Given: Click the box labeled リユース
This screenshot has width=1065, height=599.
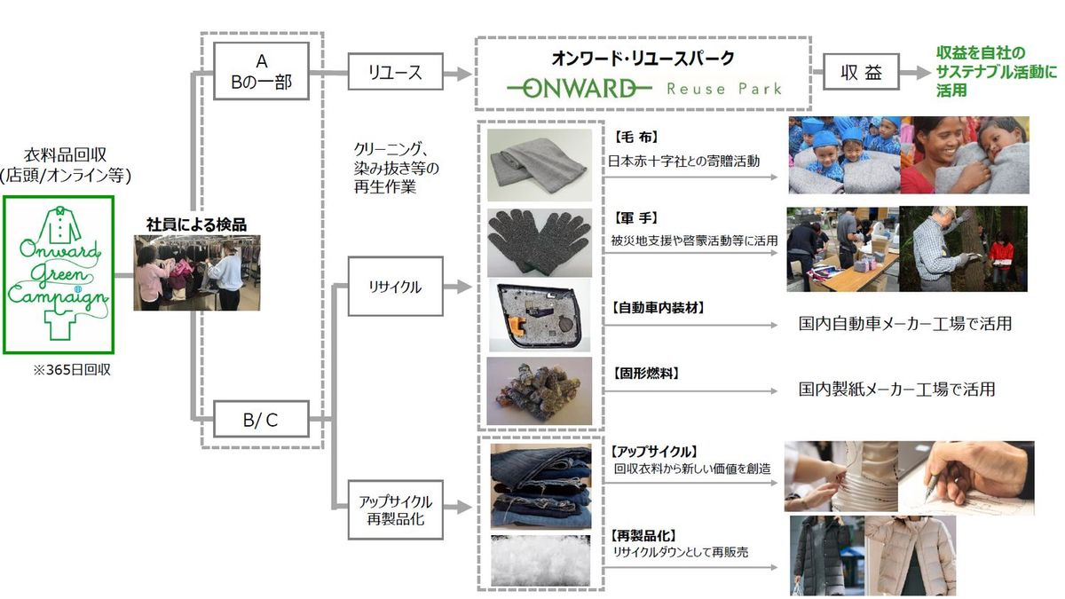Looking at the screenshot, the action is (x=396, y=72).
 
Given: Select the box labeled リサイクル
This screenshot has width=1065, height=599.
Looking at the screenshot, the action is (x=396, y=286).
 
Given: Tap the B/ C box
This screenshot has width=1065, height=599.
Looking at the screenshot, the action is (x=261, y=419).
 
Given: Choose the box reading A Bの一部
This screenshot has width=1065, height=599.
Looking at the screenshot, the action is (x=261, y=71).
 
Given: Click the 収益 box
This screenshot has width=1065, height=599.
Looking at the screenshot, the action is (x=861, y=72).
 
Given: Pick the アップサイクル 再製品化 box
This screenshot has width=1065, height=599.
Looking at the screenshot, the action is (x=396, y=509).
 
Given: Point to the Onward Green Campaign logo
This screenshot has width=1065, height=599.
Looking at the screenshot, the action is (x=59, y=275).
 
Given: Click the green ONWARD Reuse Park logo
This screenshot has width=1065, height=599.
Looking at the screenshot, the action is (x=644, y=89).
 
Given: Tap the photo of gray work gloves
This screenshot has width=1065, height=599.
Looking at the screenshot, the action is (x=540, y=242).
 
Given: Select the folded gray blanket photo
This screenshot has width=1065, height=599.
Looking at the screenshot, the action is (x=540, y=165).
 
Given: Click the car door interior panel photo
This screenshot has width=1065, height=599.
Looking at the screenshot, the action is (x=540, y=315).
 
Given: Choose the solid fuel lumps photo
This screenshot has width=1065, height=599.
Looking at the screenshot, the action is (x=540, y=390).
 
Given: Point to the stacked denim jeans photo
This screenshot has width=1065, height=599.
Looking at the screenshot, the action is (x=541, y=486).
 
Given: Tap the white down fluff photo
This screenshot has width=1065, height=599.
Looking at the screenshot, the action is (x=540, y=561).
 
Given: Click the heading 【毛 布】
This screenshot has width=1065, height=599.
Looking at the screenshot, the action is (x=635, y=138).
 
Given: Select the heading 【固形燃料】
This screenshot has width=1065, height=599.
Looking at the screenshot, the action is (x=644, y=374).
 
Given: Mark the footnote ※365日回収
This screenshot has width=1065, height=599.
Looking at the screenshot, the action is (x=72, y=370).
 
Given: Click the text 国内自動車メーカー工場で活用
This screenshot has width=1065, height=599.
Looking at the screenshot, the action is (x=904, y=324).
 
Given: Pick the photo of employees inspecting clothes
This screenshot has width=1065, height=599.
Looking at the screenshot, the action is (x=197, y=273).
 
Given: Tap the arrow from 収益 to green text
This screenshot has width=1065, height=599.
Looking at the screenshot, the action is (x=915, y=72).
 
